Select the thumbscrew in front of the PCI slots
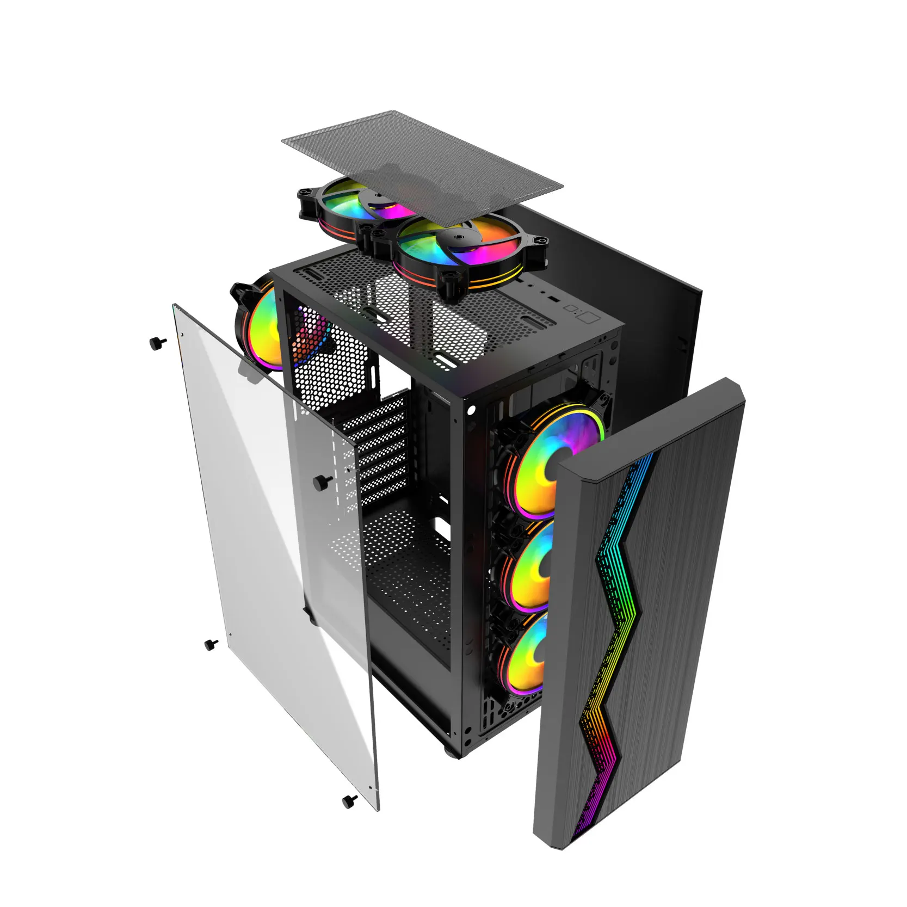[324, 481]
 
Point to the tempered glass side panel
[272, 571]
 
